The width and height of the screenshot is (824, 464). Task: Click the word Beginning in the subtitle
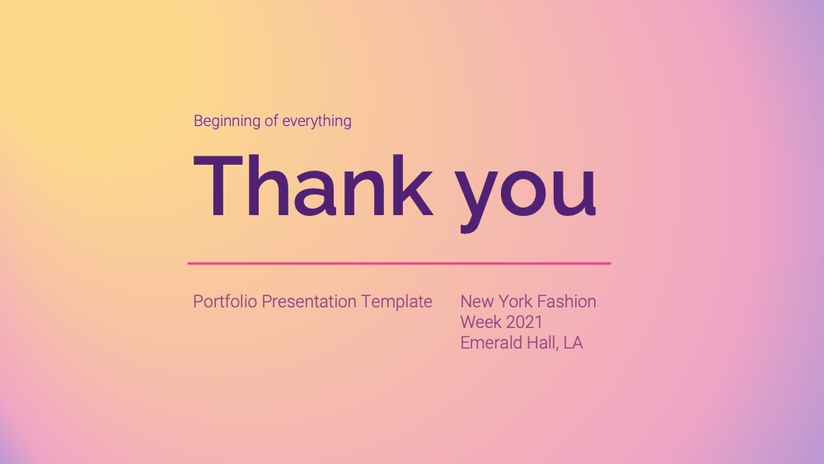(227, 121)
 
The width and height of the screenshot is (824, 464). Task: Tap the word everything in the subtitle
(317, 121)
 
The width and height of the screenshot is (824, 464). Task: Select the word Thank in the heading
(314, 185)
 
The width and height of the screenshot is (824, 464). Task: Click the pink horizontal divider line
(400, 263)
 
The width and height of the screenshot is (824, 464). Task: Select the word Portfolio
(226, 302)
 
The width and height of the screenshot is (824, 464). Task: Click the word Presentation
(309, 302)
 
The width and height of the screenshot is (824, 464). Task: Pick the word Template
(397, 302)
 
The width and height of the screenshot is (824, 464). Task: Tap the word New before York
(476, 302)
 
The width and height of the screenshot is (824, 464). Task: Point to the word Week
(479, 322)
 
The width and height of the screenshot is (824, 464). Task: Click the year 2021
(522, 322)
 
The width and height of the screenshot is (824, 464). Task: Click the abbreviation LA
(574, 343)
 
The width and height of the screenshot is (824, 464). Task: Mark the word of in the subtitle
(272, 121)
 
